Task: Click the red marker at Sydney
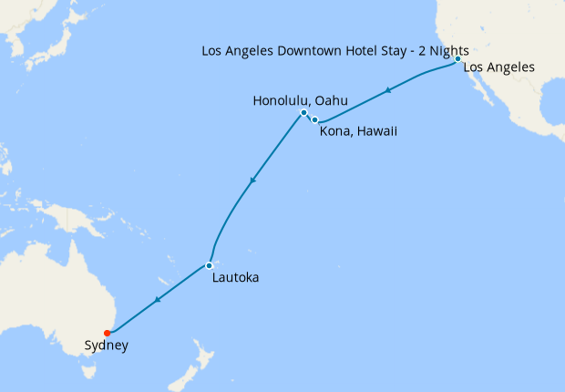click(108, 332)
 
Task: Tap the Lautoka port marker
click(209, 265)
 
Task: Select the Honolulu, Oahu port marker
click(303, 113)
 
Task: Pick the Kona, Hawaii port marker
click(314, 119)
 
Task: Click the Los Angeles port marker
click(457, 58)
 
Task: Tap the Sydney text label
click(106, 346)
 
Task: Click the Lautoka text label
click(234, 277)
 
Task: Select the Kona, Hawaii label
click(358, 132)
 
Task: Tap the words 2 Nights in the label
click(444, 49)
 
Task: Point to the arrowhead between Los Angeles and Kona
click(389, 90)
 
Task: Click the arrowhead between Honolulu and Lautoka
click(252, 180)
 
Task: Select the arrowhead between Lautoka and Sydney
click(159, 300)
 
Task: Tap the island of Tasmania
click(89, 371)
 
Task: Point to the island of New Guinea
click(73, 219)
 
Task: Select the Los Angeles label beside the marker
click(499, 67)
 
